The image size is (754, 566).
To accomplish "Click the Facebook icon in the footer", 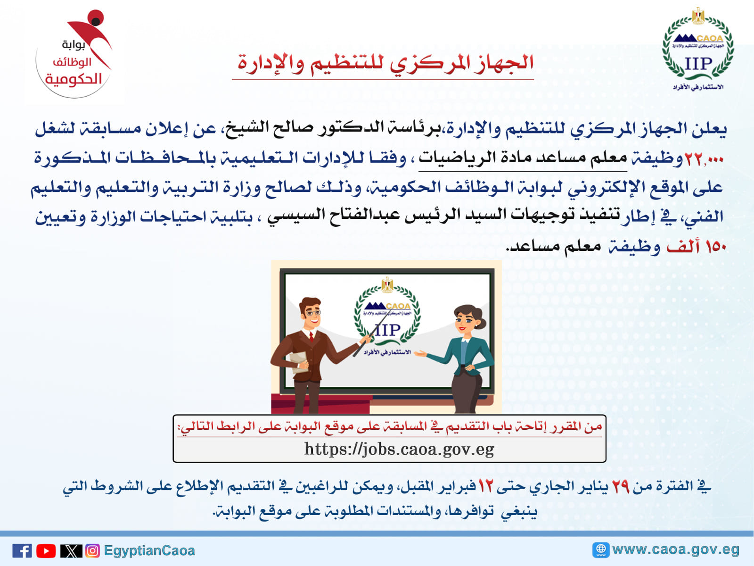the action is click(22, 551).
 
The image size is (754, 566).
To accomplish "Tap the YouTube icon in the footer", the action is click(46, 551).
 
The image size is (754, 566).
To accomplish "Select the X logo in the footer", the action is click(71, 551).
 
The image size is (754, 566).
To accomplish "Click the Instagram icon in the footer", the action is click(93, 551).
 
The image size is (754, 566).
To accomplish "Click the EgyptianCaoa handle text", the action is click(149, 551).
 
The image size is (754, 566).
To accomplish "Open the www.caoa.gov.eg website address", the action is click(676, 549).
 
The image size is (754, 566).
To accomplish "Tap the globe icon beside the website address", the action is click(601, 550).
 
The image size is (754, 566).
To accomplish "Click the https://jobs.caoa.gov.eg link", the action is click(399, 449).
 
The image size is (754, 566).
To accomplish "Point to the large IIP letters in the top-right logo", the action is click(698, 64).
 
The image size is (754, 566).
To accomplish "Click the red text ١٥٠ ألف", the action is click(696, 246).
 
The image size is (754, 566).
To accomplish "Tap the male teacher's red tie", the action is click(311, 337).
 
